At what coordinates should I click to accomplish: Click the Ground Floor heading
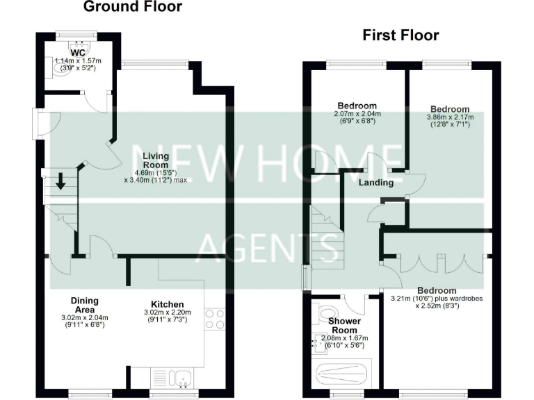click(132, 8)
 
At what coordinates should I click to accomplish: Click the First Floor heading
click(400, 35)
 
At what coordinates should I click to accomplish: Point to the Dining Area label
click(84, 305)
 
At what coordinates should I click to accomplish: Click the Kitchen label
click(167, 304)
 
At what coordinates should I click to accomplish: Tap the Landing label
click(376, 183)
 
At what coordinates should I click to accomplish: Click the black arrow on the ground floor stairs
click(60, 181)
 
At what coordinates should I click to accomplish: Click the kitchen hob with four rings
click(214, 319)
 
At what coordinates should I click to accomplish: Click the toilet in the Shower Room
click(324, 312)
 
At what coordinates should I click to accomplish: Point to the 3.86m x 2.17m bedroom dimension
click(449, 118)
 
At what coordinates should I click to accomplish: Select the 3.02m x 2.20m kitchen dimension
click(168, 313)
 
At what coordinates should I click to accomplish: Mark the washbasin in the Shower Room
click(318, 341)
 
